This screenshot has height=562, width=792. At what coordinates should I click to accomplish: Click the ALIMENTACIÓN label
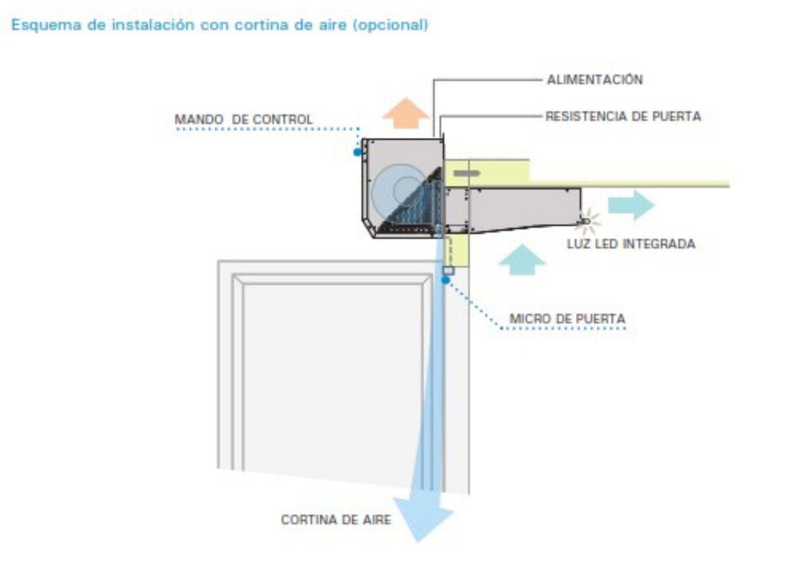point(594,79)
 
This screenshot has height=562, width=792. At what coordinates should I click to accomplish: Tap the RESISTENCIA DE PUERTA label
point(623,116)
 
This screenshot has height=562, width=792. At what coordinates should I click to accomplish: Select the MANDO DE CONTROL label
point(244,120)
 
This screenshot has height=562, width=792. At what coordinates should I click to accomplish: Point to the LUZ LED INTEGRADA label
point(631,244)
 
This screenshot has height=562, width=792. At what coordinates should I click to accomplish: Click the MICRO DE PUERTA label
point(567,319)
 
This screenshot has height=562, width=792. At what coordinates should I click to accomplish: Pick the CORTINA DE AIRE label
point(336,519)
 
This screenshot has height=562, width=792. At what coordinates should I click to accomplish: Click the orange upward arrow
point(406,113)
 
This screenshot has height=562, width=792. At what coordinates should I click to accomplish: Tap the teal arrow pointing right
point(631,205)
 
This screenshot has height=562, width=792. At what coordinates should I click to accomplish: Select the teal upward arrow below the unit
point(522,260)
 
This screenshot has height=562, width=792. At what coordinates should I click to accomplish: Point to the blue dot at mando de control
point(357,152)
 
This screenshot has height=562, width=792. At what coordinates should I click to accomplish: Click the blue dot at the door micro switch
point(446,280)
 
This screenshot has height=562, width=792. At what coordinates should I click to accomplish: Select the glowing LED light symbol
point(587,221)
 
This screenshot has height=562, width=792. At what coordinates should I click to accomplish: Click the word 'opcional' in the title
point(390,25)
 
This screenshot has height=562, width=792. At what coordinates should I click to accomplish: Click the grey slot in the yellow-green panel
point(467,173)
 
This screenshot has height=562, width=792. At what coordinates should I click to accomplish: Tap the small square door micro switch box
point(448,271)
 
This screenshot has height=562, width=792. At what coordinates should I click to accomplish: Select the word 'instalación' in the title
point(153,25)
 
